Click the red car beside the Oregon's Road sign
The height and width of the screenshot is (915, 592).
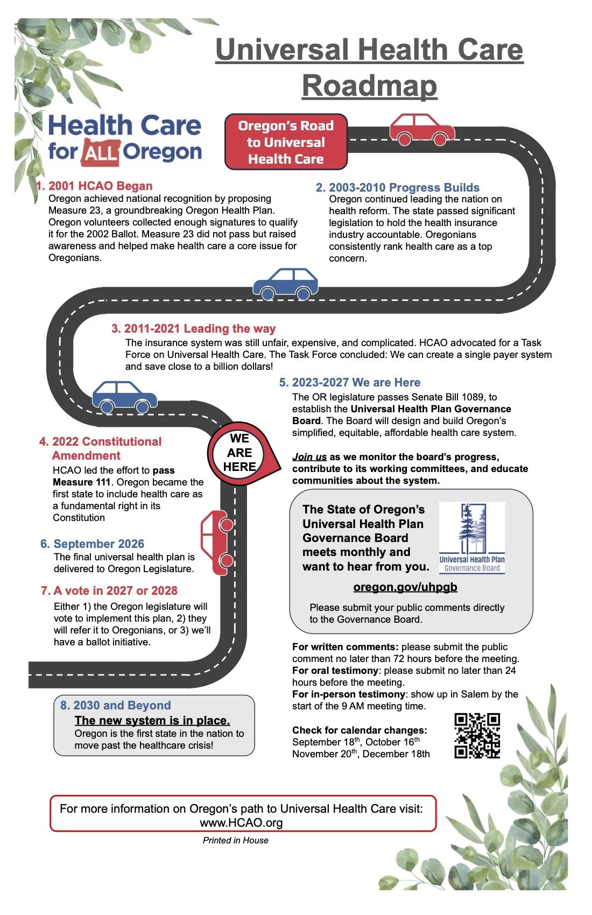pos(422,130)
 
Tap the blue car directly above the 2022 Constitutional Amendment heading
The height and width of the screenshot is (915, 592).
pos(124,397)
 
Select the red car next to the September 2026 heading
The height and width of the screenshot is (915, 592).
pos(217,543)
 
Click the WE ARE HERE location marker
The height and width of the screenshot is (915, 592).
pos(240,453)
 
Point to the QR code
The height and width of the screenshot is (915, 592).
pos(477,736)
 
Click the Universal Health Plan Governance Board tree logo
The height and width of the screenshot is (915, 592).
pos(472,538)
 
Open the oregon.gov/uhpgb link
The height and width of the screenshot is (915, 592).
pos(405,587)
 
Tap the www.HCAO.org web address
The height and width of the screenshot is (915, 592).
pos(241,822)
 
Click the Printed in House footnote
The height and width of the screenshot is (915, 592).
pos(235,840)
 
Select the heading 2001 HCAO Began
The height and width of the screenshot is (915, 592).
pos(100,186)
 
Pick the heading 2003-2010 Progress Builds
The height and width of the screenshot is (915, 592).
pos(404,187)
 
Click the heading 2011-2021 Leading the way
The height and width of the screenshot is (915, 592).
pos(199,328)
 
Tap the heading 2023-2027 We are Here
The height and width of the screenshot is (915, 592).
pos(356,383)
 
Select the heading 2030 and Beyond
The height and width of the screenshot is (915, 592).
pos(122,705)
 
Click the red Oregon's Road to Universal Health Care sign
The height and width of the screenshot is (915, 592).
pos(286,142)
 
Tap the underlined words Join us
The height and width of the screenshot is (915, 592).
pos(309,457)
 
